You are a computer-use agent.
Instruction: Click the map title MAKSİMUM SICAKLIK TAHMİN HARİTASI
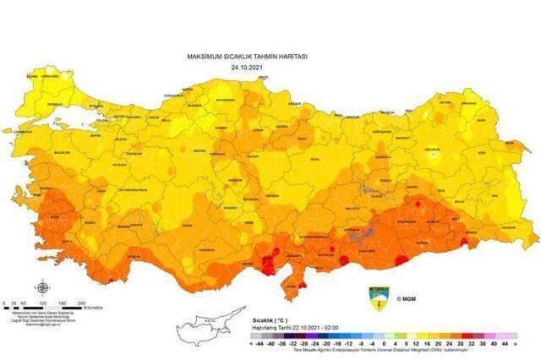click(x=247, y=56)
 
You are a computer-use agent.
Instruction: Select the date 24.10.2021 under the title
click(x=247, y=65)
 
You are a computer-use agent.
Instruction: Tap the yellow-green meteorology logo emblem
click(x=377, y=297)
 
